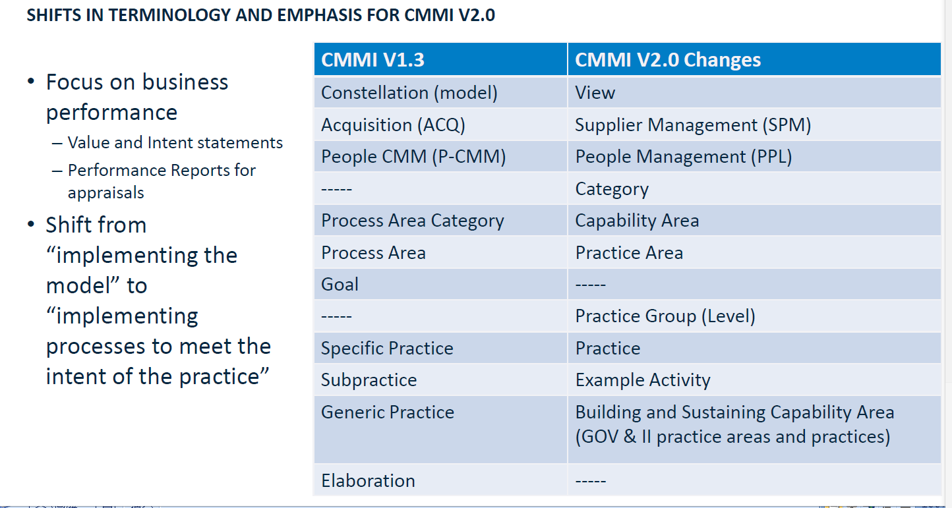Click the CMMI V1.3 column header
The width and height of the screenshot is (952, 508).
[x=440, y=59]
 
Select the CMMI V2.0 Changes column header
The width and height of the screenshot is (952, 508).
[x=754, y=59]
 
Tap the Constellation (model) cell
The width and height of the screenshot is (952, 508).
[x=440, y=92]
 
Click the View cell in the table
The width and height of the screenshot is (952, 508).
[x=754, y=92]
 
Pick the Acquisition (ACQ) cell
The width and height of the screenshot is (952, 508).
[x=440, y=125]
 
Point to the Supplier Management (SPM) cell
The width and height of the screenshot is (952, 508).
[x=754, y=125]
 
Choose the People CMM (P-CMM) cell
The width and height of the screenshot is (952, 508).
[x=440, y=156]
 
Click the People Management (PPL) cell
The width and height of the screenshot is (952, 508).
[x=754, y=156]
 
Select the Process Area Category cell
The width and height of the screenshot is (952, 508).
[x=440, y=221]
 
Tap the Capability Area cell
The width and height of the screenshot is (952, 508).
[x=754, y=221]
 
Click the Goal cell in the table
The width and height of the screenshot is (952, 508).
[x=440, y=284]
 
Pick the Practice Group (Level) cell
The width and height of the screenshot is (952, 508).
[x=754, y=316]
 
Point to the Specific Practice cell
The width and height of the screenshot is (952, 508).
[x=440, y=348]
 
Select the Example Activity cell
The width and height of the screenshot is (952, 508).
[x=754, y=380]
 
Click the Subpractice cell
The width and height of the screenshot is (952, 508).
[x=440, y=380]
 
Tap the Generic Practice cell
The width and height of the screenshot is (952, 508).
[x=440, y=430]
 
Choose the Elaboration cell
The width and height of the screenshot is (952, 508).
[x=440, y=480]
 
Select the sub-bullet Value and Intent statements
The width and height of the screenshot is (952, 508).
[x=175, y=143]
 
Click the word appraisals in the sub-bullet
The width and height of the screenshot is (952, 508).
[x=106, y=193]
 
